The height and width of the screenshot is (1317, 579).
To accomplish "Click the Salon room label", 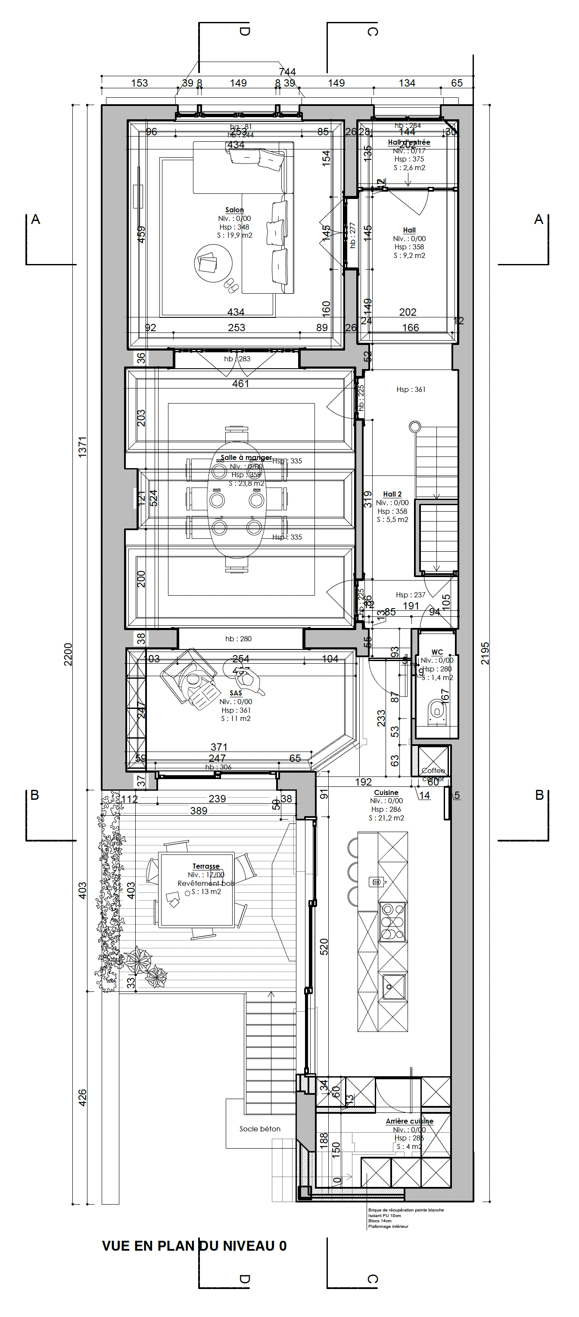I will click(234, 210).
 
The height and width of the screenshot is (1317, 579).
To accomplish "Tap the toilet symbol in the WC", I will click(436, 711).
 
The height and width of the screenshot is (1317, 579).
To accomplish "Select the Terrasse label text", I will click(205, 866).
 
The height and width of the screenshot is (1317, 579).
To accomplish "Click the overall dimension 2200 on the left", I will click(68, 655).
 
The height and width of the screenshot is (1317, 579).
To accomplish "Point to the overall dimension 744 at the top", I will click(287, 71).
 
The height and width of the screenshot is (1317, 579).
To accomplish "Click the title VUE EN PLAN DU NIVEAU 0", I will click(194, 1246).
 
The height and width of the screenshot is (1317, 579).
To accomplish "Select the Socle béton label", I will click(260, 1128).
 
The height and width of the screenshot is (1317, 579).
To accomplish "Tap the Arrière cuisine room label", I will click(409, 1121).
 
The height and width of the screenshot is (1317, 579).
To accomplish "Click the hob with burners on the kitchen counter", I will click(392, 922).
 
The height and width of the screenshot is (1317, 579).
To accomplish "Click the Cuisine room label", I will click(386, 792).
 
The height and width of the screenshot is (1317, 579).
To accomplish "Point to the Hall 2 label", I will click(392, 494).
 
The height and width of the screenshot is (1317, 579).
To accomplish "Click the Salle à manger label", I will click(246, 457).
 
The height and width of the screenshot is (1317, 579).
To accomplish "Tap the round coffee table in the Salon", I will click(213, 263).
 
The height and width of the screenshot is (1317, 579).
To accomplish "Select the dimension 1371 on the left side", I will click(82, 447).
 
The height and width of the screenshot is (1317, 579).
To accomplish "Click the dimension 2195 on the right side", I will click(485, 653).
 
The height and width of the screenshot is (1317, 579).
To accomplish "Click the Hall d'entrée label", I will click(409, 142).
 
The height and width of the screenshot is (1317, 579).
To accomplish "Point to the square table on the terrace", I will click(197, 890).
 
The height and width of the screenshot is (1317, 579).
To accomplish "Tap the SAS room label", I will click(235, 693).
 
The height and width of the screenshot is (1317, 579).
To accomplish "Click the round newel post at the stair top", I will click(415, 426).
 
